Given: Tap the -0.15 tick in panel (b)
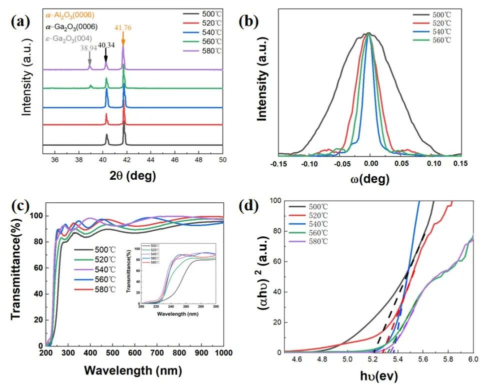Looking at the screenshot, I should click(280, 163).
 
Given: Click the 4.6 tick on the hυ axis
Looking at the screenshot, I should click(296, 359).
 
